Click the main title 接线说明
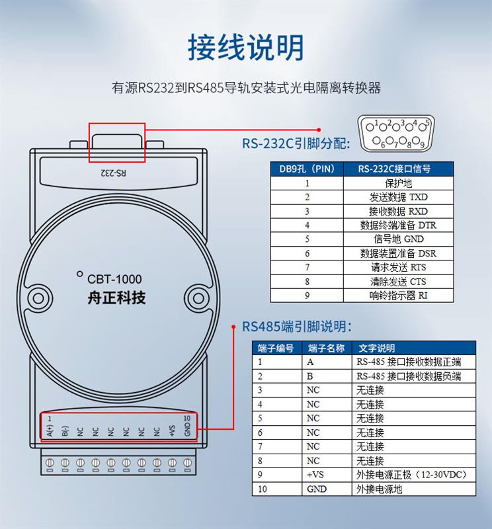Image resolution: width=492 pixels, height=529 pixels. (x=245, y=47)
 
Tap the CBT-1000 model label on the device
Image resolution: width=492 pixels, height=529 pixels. (x=114, y=279)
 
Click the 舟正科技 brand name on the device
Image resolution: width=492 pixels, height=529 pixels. (x=116, y=298)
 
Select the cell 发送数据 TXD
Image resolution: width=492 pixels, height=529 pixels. (x=398, y=197)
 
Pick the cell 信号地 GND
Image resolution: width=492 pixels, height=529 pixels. (x=398, y=239)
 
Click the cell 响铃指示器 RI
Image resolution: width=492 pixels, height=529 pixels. (x=398, y=296)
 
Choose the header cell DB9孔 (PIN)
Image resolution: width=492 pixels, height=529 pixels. (x=307, y=169)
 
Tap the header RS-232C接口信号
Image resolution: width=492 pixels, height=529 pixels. (x=398, y=169)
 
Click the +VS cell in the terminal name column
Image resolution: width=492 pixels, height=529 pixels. (x=327, y=475)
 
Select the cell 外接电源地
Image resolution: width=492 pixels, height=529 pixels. (x=414, y=489)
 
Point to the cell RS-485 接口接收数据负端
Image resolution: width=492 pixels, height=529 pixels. (x=414, y=376)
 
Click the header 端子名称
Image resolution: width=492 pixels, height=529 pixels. (x=327, y=348)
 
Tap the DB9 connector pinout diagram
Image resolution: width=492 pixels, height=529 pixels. (x=397, y=134)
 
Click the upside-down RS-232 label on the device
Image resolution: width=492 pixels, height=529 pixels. (x=113, y=173)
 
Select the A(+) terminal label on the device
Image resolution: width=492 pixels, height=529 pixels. (x=50, y=430)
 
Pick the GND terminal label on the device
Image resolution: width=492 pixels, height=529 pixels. (x=188, y=429)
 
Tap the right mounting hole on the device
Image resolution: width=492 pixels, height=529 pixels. (x=198, y=298)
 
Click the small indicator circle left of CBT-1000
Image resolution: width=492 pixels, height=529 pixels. (x=79, y=274)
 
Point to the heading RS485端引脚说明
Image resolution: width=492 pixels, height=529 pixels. (x=297, y=327)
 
